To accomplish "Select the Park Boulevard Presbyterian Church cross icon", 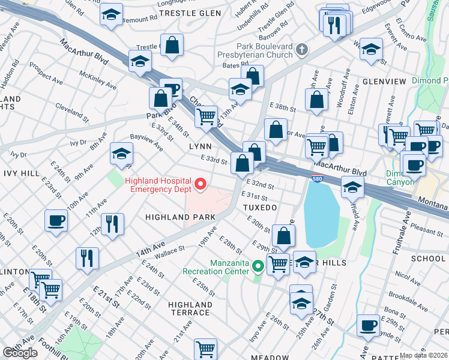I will (302, 50).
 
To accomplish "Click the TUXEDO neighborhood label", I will (259, 207).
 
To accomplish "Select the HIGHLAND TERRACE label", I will (190, 309).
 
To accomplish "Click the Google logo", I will (20, 353).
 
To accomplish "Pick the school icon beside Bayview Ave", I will (121, 154).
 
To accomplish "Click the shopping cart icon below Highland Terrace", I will (205, 348).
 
